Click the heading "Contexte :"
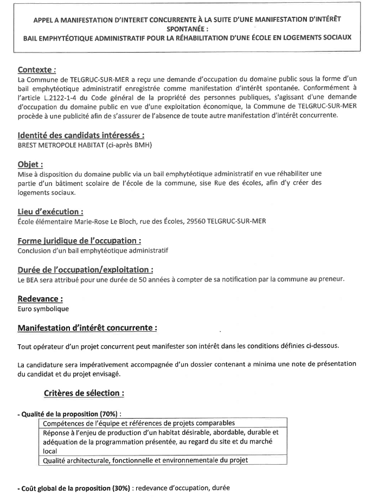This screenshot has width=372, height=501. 37,70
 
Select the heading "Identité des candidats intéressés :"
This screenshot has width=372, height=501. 81,136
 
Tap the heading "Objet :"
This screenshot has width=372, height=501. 30,164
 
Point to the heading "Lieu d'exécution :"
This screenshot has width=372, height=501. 50,212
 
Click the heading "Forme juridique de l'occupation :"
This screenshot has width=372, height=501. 80,241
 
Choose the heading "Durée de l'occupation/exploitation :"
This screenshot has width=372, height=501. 85,269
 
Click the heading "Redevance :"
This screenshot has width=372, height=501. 40,299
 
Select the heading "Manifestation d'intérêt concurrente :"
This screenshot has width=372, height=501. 88,328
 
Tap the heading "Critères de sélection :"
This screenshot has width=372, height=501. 84,392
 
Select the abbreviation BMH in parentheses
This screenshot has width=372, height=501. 143,145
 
